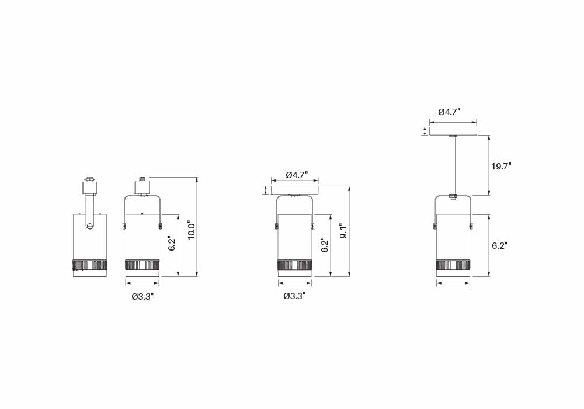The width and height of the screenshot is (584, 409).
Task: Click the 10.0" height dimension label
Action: (190, 230)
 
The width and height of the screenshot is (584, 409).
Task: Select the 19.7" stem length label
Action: (501, 166)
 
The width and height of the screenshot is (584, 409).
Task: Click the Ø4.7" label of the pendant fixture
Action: (450, 111)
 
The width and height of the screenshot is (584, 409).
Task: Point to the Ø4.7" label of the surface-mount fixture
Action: (297, 175)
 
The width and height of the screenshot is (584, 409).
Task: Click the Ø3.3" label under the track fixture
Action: (142, 296)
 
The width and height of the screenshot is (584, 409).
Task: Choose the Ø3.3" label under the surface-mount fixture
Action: (294, 296)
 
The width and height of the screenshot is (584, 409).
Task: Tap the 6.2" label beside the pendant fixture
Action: (499, 246)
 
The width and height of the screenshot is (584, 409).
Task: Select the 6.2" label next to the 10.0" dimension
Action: (171, 244)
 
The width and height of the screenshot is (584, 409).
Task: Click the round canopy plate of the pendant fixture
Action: (453, 131)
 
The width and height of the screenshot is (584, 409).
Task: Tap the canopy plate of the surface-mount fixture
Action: (296, 190)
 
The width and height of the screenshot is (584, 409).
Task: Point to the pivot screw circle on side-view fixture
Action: (89, 226)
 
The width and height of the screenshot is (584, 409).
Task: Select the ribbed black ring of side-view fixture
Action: (89, 265)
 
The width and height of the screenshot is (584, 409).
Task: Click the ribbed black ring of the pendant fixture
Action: (453, 265)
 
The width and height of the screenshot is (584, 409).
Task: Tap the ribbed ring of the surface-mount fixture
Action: (295, 265)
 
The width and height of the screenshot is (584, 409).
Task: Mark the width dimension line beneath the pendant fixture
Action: (453, 283)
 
